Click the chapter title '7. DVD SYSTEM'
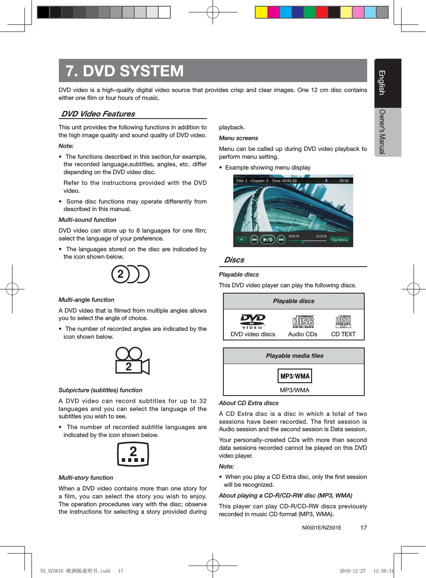[x=124, y=71]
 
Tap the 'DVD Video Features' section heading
[x=98, y=114]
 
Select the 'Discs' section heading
[x=234, y=260]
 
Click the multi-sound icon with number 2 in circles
[x=130, y=274]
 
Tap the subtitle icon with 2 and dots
[x=133, y=454]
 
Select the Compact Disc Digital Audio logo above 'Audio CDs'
[x=303, y=321]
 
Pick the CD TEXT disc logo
[x=343, y=321]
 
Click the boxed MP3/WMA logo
[x=295, y=376]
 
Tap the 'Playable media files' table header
[x=294, y=356]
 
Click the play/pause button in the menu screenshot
[x=268, y=240]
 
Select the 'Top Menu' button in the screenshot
[x=339, y=240]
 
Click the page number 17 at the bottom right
[x=363, y=528]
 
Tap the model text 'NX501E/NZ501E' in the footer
[x=322, y=528]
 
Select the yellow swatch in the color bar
[x=261, y=12]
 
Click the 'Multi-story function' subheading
[x=86, y=478]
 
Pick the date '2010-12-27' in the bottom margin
[x=352, y=571]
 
